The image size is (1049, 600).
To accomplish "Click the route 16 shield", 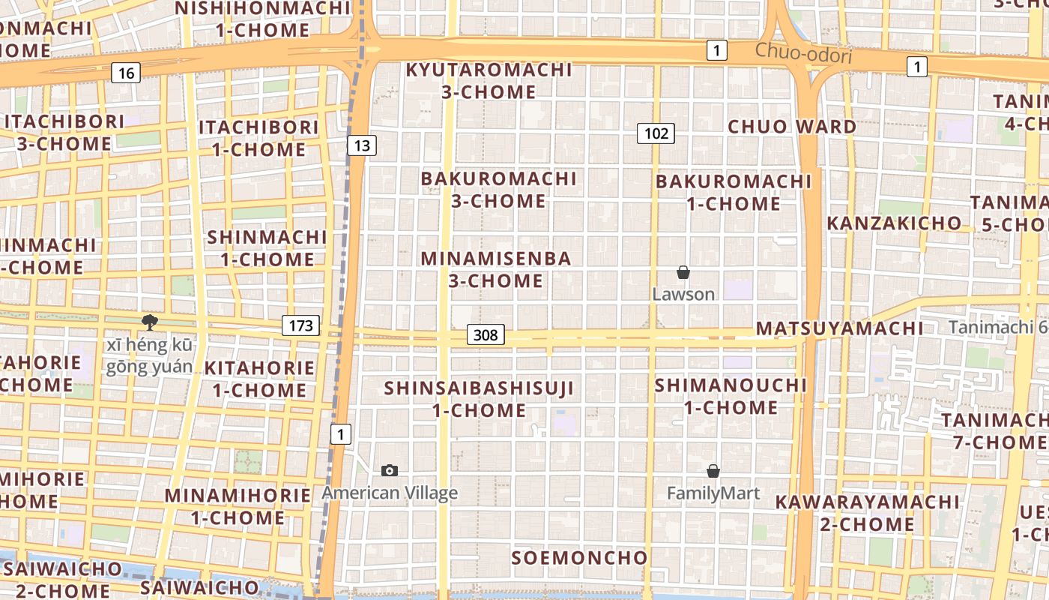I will click(126, 73).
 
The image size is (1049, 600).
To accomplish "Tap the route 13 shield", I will click(362, 145).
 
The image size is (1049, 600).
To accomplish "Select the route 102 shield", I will click(656, 133).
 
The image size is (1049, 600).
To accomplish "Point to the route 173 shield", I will click(300, 325).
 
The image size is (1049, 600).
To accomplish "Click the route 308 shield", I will click(486, 334).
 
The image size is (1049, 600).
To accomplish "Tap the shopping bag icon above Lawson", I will click(683, 272).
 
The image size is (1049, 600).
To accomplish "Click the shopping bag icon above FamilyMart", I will click(713, 471).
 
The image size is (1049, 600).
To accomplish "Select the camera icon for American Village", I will click(390, 470).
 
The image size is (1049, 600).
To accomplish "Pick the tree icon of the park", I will click(150, 322).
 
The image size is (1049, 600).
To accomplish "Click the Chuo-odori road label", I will click(803, 53).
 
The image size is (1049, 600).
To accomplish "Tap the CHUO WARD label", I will click(792, 126).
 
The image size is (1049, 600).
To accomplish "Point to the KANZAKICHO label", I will click(893, 223).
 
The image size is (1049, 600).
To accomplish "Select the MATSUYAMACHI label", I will click(839, 328).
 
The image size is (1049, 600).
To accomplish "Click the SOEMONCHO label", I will click(579, 558).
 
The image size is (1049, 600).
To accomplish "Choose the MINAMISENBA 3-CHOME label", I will click(496, 269).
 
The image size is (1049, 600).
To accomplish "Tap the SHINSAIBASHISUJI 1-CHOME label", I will click(479, 399).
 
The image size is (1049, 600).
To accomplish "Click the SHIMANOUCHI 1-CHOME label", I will click(731, 396).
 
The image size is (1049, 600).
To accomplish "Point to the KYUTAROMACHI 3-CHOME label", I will click(489, 81).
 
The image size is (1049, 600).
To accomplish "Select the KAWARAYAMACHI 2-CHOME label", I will click(867, 512).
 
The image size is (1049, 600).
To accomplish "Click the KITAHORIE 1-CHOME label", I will click(259, 379).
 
